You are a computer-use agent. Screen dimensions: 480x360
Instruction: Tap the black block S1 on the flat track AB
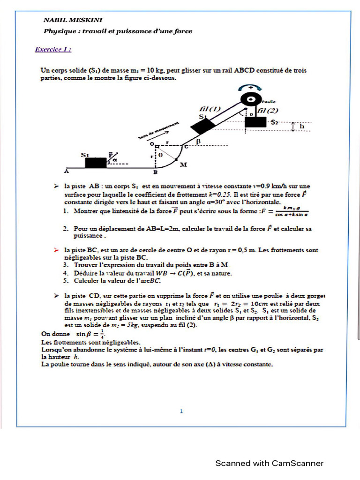tap(96, 162)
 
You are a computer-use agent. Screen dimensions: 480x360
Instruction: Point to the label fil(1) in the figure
tap(209, 109)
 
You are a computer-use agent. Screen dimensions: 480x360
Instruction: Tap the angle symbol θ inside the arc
tap(161, 153)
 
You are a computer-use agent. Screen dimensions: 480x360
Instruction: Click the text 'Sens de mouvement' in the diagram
tap(158, 130)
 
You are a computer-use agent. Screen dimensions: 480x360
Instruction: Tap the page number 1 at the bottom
tap(181, 412)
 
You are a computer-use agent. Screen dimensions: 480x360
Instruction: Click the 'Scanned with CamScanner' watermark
tap(269, 463)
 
